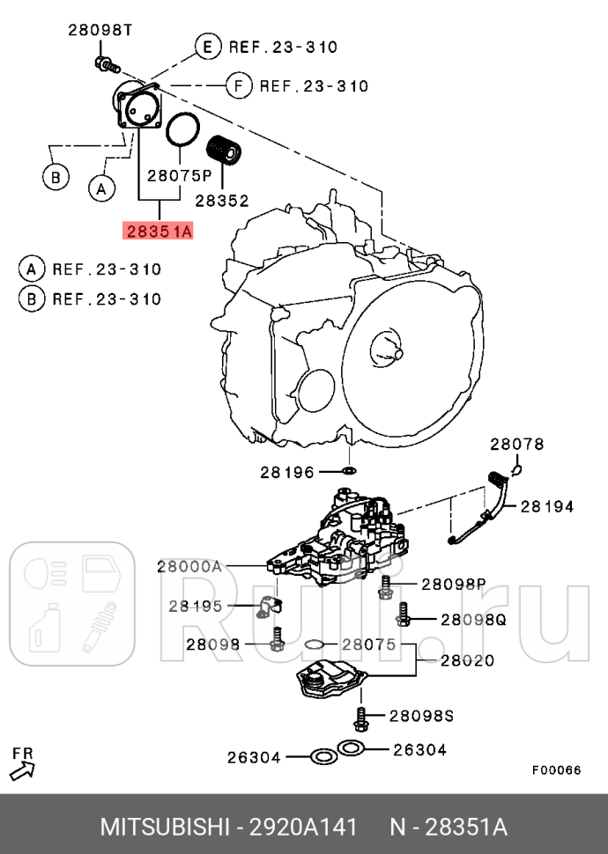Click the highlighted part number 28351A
click(x=158, y=232)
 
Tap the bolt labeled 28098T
click(x=106, y=63)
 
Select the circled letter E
click(x=207, y=47)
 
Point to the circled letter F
click(x=236, y=85)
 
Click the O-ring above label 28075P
click(x=182, y=130)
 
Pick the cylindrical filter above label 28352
click(x=224, y=151)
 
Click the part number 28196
click(x=286, y=472)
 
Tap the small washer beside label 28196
click(x=347, y=472)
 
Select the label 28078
click(x=517, y=445)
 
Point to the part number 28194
click(x=546, y=506)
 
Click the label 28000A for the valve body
click(x=189, y=567)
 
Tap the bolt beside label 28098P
click(x=385, y=586)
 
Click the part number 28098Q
click(x=473, y=620)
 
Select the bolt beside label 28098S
click(x=360, y=718)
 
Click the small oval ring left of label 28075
click(x=314, y=645)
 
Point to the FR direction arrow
click(x=24, y=769)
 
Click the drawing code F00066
click(x=555, y=769)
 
